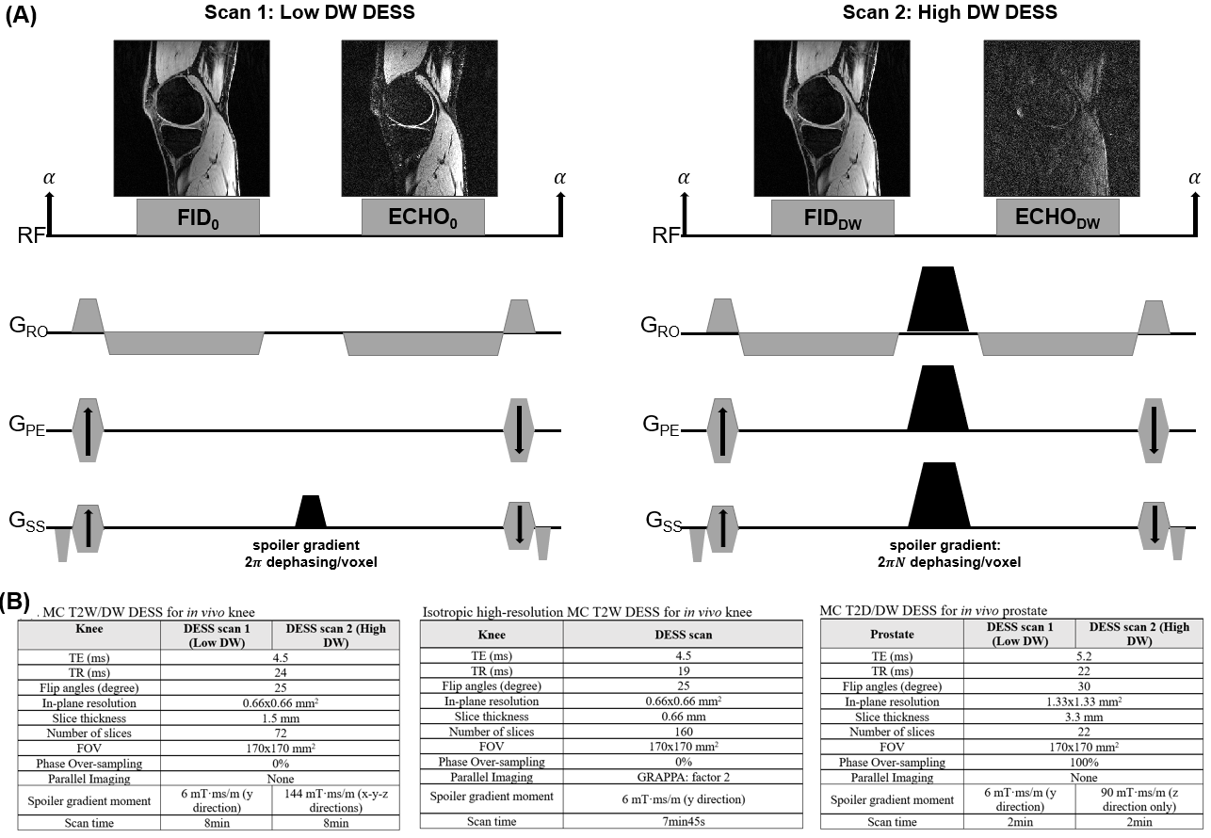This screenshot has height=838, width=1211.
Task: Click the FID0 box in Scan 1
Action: pos(198,217)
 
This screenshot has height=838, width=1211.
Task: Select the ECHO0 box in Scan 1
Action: pos(423,217)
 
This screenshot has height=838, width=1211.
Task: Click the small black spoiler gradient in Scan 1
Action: pos(310,511)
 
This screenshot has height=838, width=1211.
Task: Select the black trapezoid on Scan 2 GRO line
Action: pos(937,299)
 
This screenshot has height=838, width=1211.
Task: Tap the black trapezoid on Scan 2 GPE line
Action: pos(937,397)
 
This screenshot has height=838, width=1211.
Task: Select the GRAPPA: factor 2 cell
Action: pos(684,777)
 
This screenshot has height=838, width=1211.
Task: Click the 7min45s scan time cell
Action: pos(684,821)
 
